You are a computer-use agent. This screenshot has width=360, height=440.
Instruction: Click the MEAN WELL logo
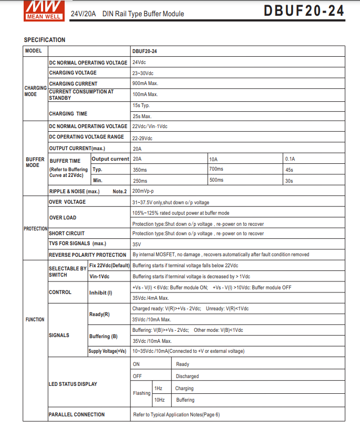(43, 9)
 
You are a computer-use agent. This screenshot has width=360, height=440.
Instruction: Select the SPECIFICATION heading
(45, 40)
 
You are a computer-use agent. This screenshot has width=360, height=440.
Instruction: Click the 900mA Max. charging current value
(146, 83)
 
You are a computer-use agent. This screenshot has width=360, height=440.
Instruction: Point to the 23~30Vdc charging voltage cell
(143, 73)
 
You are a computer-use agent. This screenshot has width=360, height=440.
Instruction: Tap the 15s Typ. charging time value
(141, 106)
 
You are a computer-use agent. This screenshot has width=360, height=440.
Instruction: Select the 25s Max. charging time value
(142, 116)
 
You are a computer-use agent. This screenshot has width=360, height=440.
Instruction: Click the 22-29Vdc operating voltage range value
(142, 138)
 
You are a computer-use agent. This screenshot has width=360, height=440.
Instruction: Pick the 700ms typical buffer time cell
(216, 169)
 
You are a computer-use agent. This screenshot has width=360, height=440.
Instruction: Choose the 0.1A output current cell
(290, 159)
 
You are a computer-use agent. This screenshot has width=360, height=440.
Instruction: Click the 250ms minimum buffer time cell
(140, 181)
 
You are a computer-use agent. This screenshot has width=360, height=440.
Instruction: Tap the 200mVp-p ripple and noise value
(143, 191)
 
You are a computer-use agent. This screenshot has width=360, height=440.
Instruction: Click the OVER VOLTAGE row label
(67, 202)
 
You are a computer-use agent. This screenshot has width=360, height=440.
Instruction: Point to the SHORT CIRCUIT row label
(67, 233)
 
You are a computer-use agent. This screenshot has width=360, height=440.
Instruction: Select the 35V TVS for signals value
(137, 244)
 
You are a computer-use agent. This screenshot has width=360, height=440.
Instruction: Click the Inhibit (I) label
(101, 292)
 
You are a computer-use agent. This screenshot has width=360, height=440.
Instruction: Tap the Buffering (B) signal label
(104, 336)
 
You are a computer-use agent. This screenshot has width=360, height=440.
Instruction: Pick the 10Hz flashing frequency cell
(159, 400)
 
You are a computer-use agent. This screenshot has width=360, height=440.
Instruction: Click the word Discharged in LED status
(187, 376)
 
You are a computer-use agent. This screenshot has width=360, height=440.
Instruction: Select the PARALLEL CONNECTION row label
(77, 415)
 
